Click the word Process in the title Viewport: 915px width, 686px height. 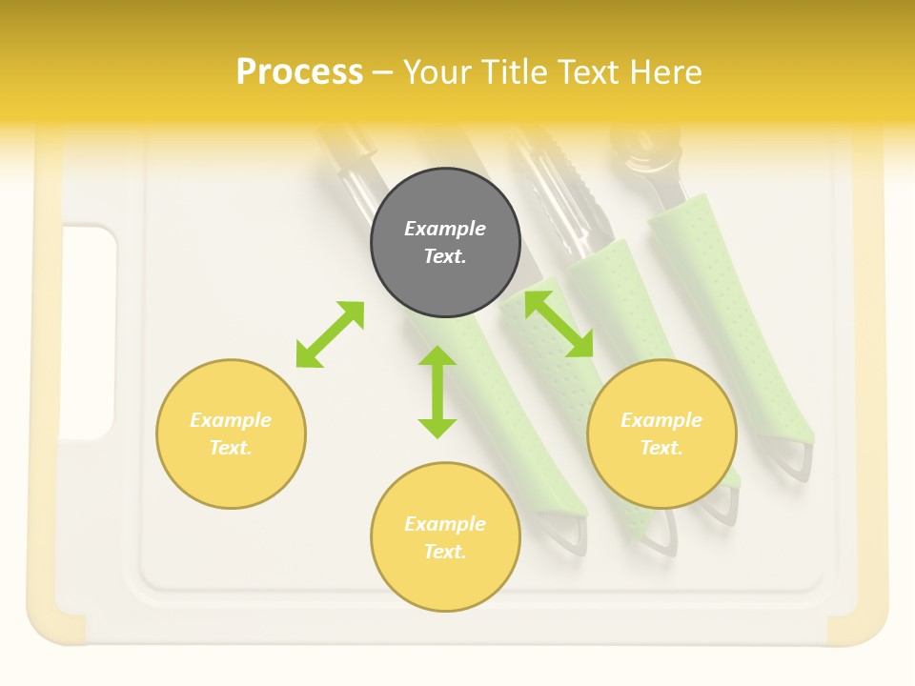[x=299, y=72]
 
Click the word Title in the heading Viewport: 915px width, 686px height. [x=513, y=72]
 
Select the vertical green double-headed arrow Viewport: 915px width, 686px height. [x=437, y=392]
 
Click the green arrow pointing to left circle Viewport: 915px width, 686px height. [x=330, y=334]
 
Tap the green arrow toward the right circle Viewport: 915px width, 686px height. [x=559, y=324]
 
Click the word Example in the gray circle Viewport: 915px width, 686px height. [x=445, y=229]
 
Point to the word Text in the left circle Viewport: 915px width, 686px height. [x=231, y=448]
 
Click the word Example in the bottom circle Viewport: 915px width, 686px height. [x=445, y=524]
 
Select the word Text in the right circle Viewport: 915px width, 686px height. [x=661, y=448]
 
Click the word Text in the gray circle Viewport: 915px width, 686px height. [x=444, y=256]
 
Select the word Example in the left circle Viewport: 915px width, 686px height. [x=231, y=420]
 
